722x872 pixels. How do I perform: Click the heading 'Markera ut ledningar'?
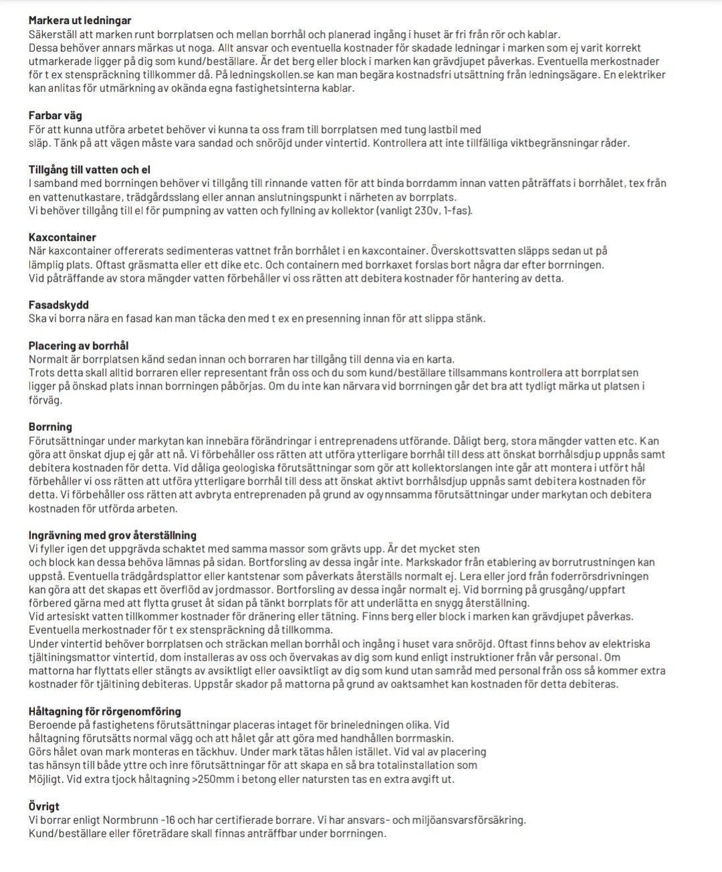point(80,21)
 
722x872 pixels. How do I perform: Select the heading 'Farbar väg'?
point(55,116)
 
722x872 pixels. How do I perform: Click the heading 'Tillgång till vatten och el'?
point(94,170)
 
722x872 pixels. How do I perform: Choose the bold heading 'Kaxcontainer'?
point(62,238)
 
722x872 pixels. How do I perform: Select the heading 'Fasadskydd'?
point(59,305)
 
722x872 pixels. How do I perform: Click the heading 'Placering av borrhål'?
point(78,346)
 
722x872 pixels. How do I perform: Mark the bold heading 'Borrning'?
point(50,427)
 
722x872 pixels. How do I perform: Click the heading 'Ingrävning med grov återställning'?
point(112,535)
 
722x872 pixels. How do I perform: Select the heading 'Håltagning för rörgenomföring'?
point(104,711)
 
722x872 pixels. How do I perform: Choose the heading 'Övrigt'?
point(44,806)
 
